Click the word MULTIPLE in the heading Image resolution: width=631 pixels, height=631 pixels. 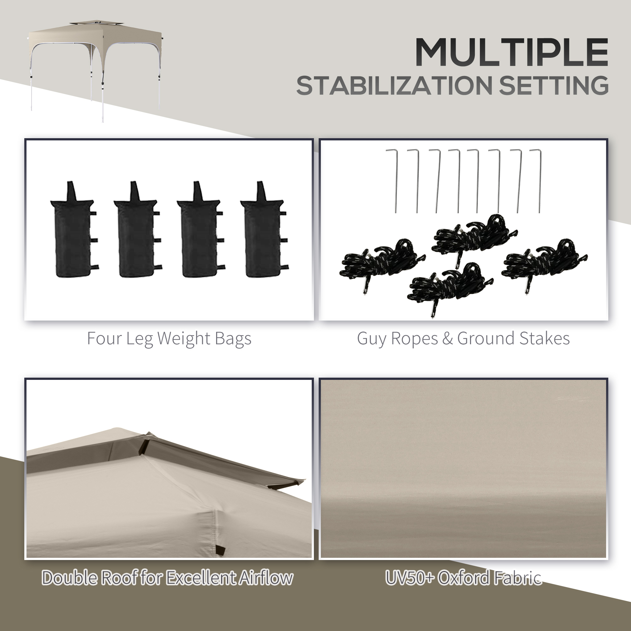click(511, 52)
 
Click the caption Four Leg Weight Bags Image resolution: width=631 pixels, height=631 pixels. click(169, 339)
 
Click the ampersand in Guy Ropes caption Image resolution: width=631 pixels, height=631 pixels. click(447, 338)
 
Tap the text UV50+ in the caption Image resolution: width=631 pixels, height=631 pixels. click(410, 578)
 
